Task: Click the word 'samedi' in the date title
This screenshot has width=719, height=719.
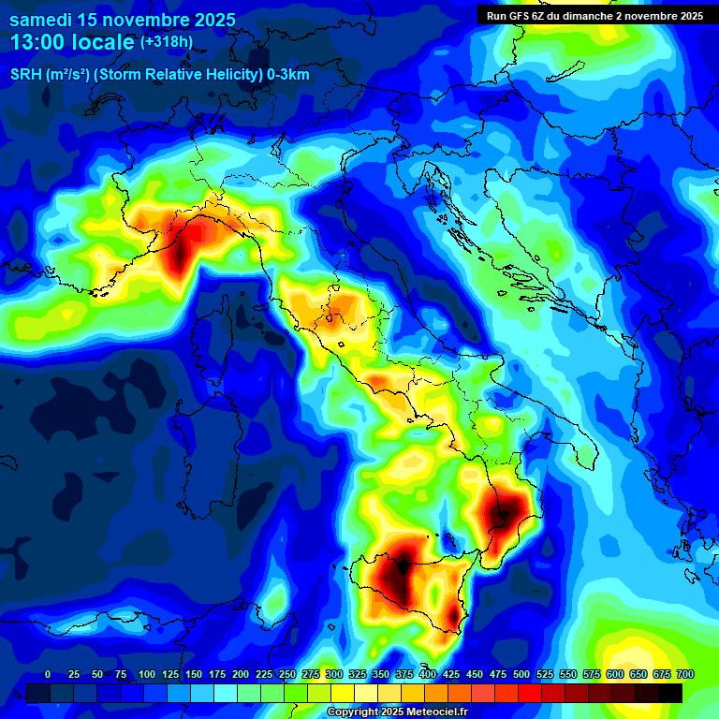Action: click(x=40, y=20)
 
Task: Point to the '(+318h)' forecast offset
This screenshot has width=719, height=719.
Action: click(x=167, y=42)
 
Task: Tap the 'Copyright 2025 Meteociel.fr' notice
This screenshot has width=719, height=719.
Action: click(x=397, y=712)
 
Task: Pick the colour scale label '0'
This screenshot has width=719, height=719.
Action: click(x=48, y=675)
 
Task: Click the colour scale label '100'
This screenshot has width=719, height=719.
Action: click(x=147, y=675)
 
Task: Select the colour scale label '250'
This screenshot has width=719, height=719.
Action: click(x=287, y=675)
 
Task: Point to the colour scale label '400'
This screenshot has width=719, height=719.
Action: click(x=428, y=675)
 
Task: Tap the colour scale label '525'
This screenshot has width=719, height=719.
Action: click(x=545, y=675)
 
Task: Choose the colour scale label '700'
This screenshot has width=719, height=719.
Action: click(x=684, y=675)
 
